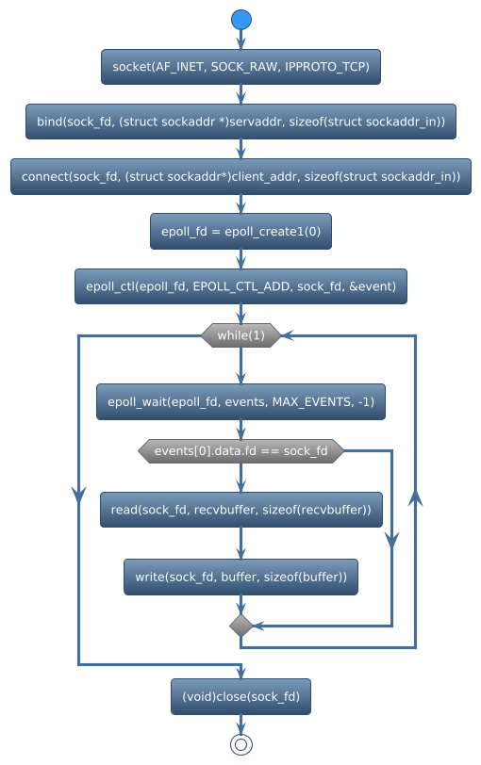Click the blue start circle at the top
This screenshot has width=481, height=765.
[x=241, y=20]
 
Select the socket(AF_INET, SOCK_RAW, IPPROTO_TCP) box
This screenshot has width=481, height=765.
[x=241, y=67]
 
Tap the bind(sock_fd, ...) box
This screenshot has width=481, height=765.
[x=241, y=122]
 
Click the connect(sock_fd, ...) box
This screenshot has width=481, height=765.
[x=241, y=177]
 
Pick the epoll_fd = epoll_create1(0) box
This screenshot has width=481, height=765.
[x=241, y=232]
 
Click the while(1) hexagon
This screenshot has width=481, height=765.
[x=241, y=335]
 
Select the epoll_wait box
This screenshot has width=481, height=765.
[x=241, y=402]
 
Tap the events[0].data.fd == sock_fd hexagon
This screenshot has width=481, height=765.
[x=241, y=451]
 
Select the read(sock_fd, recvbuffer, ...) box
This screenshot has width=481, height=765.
[x=241, y=510]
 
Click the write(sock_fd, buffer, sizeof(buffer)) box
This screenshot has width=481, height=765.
[x=241, y=577]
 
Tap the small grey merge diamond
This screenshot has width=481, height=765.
[x=241, y=625]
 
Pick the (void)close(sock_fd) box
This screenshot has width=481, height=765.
[x=241, y=697]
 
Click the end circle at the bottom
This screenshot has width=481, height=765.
[x=241, y=744]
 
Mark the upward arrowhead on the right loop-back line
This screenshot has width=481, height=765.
[x=415, y=498]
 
